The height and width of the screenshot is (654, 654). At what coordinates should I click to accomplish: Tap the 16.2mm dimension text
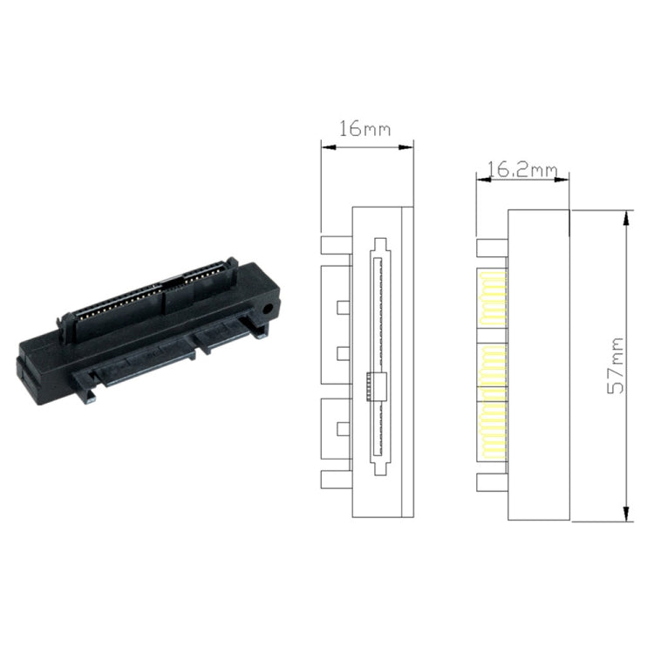pyautogui.click(x=521, y=169)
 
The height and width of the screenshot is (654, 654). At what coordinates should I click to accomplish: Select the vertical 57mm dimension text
pyautogui.click(x=617, y=364)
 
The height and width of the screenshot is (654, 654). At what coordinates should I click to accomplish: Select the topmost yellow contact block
pyautogui.click(x=493, y=297)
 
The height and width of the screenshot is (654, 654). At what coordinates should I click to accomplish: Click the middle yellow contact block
pyautogui.click(x=493, y=366)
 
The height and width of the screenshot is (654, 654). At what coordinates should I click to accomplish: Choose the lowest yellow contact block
pyautogui.click(x=493, y=426)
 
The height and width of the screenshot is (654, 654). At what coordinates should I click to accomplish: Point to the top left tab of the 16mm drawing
pyautogui.click(x=336, y=244)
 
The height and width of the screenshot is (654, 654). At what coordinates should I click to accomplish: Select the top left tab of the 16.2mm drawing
pyautogui.click(x=492, y=248)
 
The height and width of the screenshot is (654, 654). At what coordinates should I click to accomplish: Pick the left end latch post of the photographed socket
pyautogui.click(x=65, y=322)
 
